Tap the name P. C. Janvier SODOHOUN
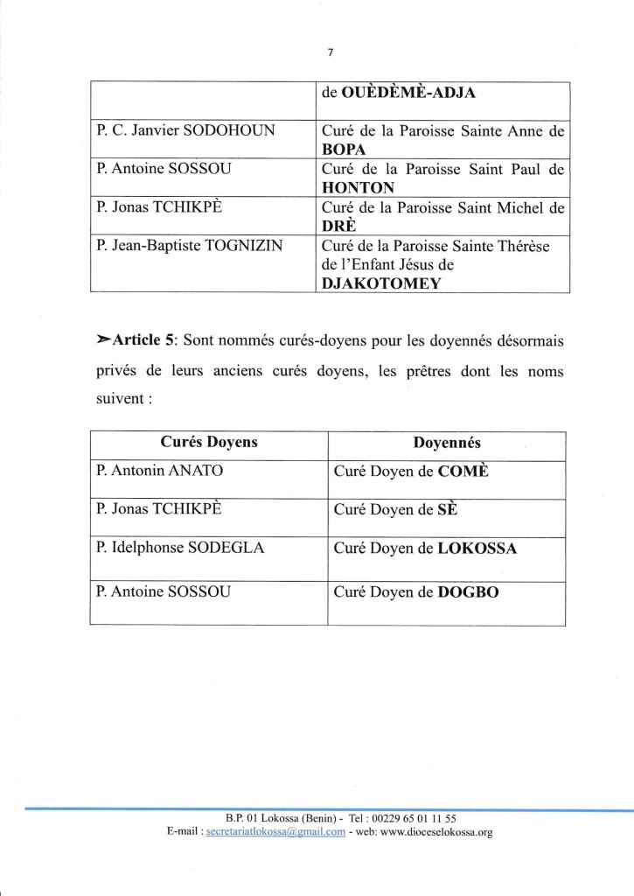(x=185, y=130)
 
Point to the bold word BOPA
(x=343, y=148)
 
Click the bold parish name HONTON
(x=359, y=187)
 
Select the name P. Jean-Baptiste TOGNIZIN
(x=190, y=246)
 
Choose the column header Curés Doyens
(x=208, y=443)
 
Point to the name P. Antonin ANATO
(x=160, y=471)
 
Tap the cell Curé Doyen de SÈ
(x=394, y=510)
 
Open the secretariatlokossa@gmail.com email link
(x=274, y=832)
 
